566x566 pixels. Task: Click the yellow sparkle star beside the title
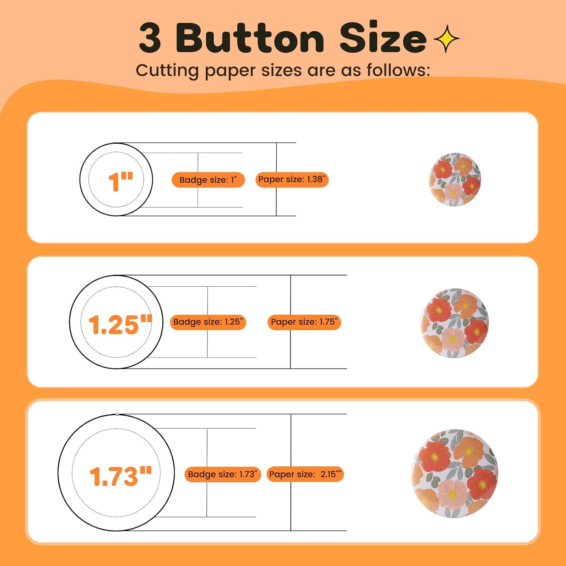[446, 38]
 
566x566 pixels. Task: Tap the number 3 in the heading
[150, 38]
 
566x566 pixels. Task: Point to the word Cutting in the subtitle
[167, 71]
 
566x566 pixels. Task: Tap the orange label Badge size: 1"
[208, 180]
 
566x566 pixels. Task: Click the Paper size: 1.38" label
[292, 180]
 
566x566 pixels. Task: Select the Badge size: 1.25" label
[208, 322]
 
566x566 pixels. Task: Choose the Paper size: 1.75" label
[304, 322]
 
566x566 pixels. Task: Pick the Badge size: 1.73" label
[223, 474]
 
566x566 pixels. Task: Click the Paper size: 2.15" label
[305, 474]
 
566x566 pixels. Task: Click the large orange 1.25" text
[120, 325]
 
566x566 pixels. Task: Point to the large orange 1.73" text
[120, 476]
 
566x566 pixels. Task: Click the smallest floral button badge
[455, 179]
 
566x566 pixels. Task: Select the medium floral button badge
[455, 323]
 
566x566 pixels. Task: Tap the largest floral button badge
[455, 473]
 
